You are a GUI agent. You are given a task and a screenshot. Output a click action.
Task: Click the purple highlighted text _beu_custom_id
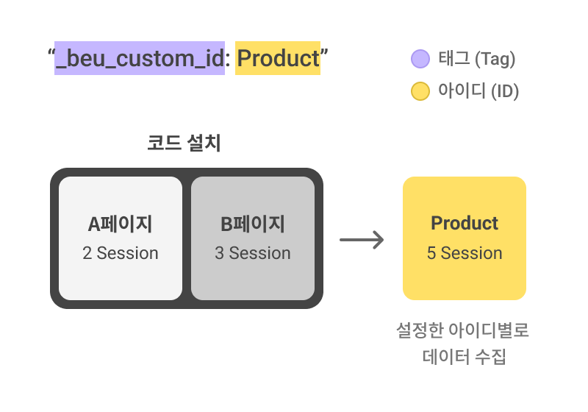(140, 58)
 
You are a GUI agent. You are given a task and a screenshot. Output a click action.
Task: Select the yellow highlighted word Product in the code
(278, 58)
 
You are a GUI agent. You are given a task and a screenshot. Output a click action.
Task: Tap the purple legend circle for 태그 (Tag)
(420, 59)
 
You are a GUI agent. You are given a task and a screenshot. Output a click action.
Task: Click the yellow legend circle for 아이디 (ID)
(420, 91)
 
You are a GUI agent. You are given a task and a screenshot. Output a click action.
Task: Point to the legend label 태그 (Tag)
(476, 59)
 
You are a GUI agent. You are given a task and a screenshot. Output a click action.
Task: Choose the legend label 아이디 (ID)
(478, 91)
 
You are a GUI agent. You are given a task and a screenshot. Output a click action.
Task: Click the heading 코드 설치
(184, 143)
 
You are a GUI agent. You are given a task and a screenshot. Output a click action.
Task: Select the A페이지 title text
(120, 224)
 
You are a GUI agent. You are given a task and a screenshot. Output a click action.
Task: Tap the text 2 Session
(121, 253)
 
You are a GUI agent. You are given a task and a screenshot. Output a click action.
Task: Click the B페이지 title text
(252, 224)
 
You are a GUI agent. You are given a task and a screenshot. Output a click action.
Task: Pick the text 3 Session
(253, 253)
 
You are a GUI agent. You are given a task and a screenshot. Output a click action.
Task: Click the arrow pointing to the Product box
(362, 240)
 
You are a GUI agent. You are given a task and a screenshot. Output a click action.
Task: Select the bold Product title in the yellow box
(465, 223)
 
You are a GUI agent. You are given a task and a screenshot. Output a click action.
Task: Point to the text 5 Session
(465, 253)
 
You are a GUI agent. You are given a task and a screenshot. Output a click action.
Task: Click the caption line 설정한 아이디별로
(463, 330)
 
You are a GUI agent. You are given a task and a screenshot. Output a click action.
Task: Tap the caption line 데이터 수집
(465, 357)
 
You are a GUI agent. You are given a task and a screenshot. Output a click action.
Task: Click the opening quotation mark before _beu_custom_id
(51, 52)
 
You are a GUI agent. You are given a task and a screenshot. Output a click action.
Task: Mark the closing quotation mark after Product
(324, 52)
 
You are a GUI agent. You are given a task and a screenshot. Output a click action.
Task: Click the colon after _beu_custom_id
(228, 60)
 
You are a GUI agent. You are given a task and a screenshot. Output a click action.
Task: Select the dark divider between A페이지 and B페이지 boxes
(187, 238)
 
